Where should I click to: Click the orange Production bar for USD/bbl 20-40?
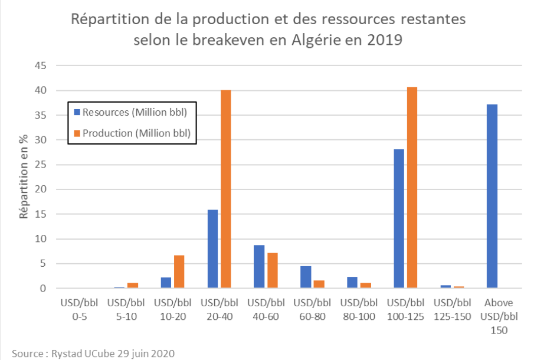pyautogui.click(x=226, y=189)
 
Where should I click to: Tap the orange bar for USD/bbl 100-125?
pyautogui.click(x=412, y=188)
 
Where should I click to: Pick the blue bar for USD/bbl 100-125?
pyautogui.click(x=399, y=218)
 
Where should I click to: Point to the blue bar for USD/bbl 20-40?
pyautogui.click(x=213, y=249)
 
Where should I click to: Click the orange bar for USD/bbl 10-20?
pyautogui.click(x=179, y=271)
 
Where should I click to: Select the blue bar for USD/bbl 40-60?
pyautogui.click(x=260, y=267)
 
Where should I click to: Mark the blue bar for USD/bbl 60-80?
pyautogui.click(x=306, y=277)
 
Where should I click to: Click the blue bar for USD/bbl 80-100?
pyautogui.click(x=353, y=283)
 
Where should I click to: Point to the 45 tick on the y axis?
pyautogui.click(x=40, y=66)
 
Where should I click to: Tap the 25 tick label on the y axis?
pyautogui.click(x=40, y=165)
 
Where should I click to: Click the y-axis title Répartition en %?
pyautogui.click(x=24, y=176)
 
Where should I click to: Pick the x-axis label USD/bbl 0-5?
pyautogui.click(x=79, y=309)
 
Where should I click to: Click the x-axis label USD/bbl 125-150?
pyautogui.click(x=453, y=309)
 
